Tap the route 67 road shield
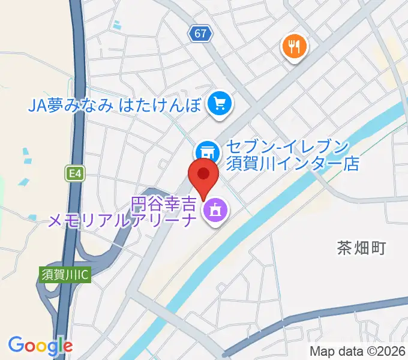pos(202,34)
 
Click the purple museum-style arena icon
pos(214,211)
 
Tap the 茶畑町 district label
pos(361,247)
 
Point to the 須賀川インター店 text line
pos(292,163)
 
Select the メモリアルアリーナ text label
pos(123,221)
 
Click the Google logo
pos(40,346)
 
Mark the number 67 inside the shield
pos(202,34)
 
